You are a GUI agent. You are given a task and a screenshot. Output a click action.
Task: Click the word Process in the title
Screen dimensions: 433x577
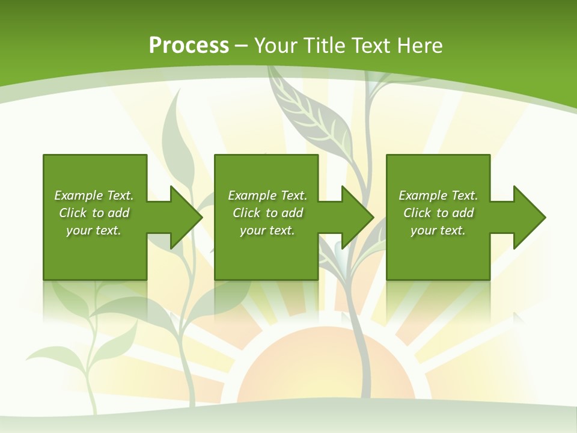189,46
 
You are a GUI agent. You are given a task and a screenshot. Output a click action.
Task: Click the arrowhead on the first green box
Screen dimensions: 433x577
184,217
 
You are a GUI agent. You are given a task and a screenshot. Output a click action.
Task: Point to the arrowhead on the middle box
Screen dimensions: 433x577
355,217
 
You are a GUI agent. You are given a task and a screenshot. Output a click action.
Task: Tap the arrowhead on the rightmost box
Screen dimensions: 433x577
527,217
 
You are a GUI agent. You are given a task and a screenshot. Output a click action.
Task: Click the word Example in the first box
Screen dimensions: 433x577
79,195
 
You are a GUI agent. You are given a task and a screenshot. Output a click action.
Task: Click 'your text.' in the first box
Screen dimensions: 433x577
94,230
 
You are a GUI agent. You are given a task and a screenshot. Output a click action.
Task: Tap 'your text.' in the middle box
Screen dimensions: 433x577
267,230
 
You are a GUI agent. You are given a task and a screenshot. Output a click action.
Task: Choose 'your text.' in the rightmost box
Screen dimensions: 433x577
438,230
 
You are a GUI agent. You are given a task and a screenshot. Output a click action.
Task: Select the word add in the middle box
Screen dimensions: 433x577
292,213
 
